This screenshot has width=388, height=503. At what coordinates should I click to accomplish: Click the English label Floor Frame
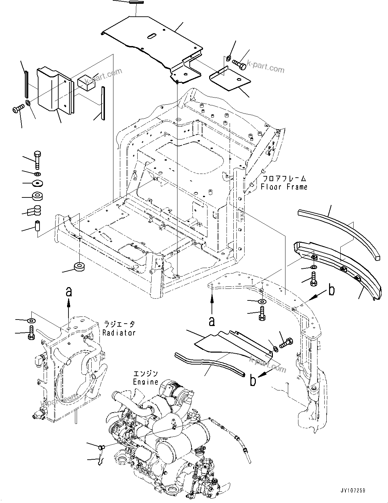(284, 187)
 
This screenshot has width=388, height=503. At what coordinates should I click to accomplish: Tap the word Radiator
(119, 332)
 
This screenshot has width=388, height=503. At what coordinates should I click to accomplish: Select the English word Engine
(145, 382)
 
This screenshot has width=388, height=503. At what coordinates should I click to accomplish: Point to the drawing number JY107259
(352, 490)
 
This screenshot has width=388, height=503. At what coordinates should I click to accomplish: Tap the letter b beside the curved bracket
(331, 291)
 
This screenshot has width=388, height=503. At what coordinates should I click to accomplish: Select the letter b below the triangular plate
(253, 381)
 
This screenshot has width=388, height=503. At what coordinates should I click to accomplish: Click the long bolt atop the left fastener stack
(37, 159)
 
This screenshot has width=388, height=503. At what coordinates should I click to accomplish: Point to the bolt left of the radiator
(31, 332)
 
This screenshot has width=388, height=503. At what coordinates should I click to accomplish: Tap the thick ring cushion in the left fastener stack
(37, 196)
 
